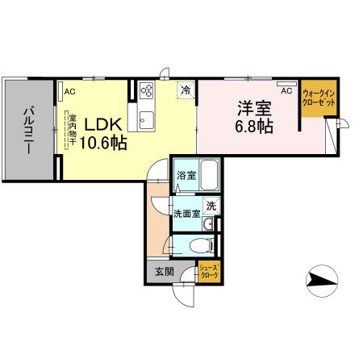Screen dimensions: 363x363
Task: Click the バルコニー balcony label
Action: (27, 128)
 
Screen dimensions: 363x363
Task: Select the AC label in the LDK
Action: (70, 92)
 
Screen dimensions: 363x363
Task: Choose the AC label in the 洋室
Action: (286, 91)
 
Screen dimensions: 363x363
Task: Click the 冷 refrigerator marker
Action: (185, 90)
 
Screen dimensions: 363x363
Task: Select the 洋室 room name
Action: (249, 106)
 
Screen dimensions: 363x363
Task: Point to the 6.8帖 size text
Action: (252, 127)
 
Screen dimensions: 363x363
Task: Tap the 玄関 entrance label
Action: (163, 272)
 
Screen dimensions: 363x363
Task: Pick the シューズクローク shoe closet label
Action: (209, 272)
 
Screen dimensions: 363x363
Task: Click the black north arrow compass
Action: (324, 282)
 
